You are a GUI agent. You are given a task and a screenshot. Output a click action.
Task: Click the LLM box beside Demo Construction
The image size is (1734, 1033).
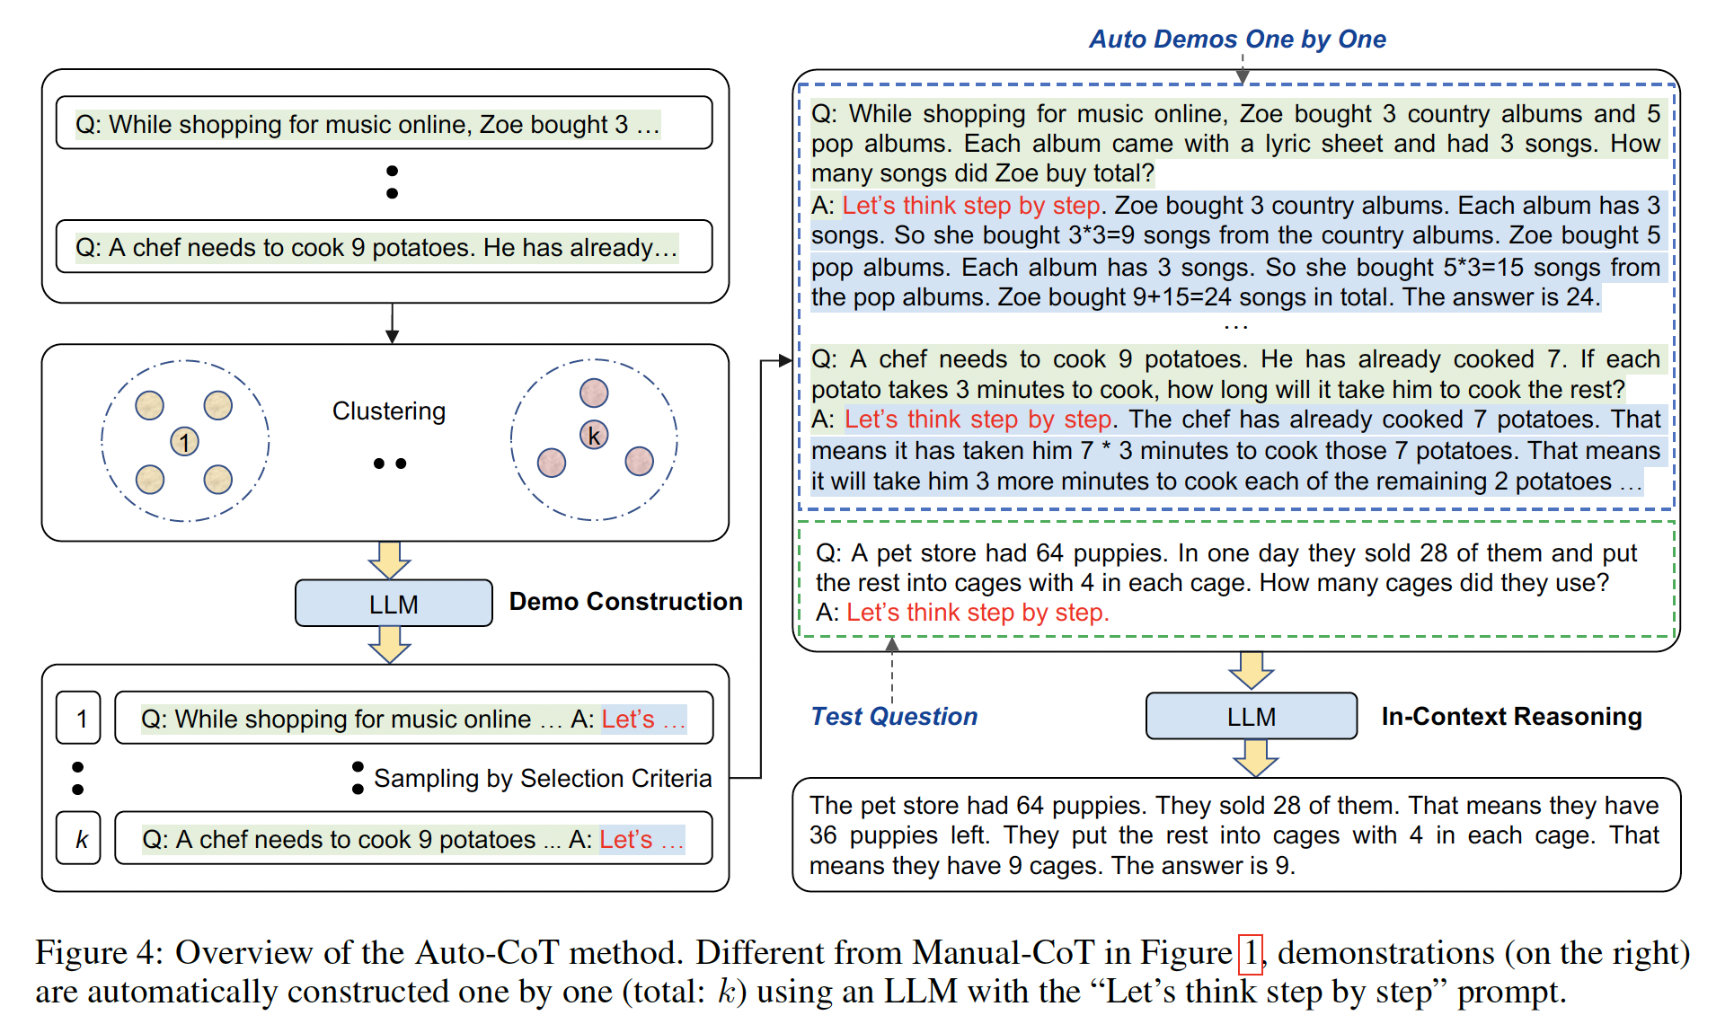tap(394, 604)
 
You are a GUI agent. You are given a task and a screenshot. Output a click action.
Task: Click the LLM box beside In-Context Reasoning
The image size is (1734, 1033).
tap(1251, 717)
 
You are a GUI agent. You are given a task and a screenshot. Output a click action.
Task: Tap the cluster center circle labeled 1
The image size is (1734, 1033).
tap(184, 442)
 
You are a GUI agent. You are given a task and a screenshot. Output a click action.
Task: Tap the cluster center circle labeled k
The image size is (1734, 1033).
tap(594, 436)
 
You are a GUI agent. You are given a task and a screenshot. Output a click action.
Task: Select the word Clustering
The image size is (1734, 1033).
tap(389, 411)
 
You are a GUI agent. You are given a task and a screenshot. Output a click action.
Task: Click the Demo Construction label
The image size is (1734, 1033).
tap(625, 602)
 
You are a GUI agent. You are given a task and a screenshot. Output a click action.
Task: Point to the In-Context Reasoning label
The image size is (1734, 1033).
tap(1511, 717)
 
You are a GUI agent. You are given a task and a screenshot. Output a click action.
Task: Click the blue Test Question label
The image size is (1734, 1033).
tap(894, 717)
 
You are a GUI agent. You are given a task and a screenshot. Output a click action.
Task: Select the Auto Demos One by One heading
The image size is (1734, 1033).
tap(1237, 40)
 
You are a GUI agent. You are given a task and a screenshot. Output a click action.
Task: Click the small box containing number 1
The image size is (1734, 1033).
tap(79, 719)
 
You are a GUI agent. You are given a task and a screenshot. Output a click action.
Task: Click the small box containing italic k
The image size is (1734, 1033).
tap(79, 839)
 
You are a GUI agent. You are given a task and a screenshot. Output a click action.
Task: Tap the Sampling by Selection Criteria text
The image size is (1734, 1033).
tap(543, 779)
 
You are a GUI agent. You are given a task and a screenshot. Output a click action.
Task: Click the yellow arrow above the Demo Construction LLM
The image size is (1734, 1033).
tap(389, 560)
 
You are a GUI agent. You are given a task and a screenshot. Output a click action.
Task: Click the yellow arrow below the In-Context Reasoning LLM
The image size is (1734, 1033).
tap(1255, 758)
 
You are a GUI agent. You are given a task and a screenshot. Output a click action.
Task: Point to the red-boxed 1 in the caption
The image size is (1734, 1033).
tap(1251, 953)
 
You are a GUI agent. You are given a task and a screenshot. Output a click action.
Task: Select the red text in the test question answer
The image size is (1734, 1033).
tap(978, 613)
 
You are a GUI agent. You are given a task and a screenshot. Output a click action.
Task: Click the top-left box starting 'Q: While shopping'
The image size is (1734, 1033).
tap(384, 124)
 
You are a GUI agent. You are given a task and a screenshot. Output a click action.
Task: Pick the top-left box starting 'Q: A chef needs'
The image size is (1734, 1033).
tap(384, 247)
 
